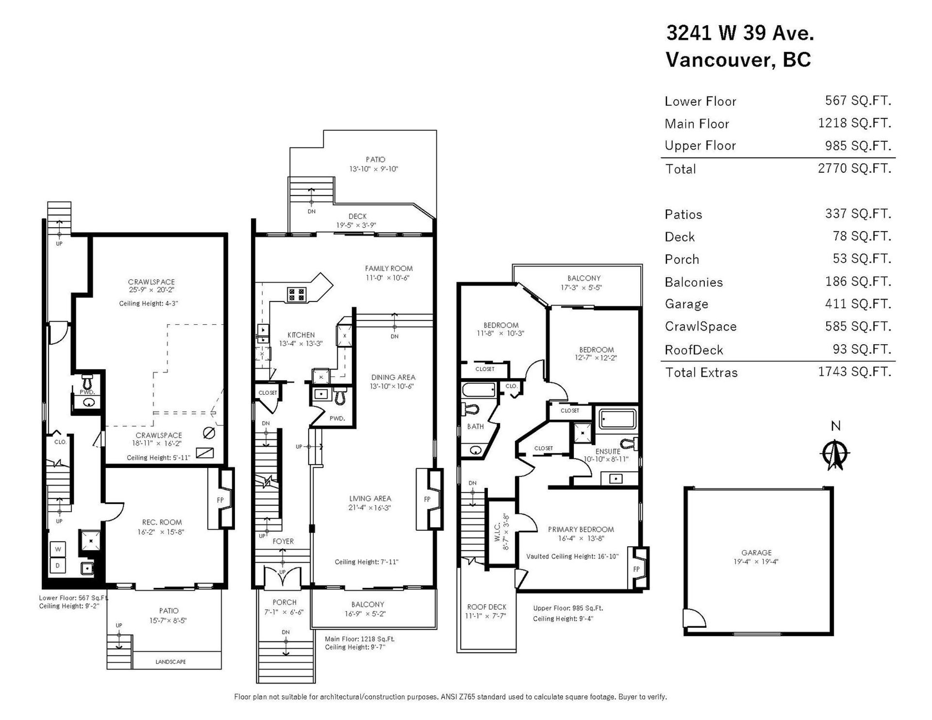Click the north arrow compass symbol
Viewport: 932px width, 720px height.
coord(835,454)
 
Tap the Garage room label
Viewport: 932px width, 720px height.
coord(756,553)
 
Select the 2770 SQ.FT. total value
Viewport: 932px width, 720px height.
coord(854,168)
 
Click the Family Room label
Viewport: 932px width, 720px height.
coord(389,268)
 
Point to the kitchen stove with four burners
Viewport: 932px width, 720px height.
coord(296,294)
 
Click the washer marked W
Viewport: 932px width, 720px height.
coord(58,549)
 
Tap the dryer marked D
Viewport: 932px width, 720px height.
coord(58,566)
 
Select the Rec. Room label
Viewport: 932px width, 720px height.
coord(162,522)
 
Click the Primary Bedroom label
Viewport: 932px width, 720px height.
coord(581,529)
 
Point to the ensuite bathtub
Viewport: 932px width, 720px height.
coord(617,419)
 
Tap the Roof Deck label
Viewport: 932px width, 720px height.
coord(486,607)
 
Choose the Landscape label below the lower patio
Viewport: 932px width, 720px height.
coord(170,662)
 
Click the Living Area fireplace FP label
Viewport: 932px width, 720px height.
coord(427,499)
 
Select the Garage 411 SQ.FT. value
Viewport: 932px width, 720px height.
coord(858,304)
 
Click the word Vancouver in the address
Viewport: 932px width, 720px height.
coord(716,60)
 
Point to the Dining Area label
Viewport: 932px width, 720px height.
coord(393,377)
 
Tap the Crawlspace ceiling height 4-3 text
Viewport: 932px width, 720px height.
coord(149,303)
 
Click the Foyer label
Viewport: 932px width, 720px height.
coord(283,541)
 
